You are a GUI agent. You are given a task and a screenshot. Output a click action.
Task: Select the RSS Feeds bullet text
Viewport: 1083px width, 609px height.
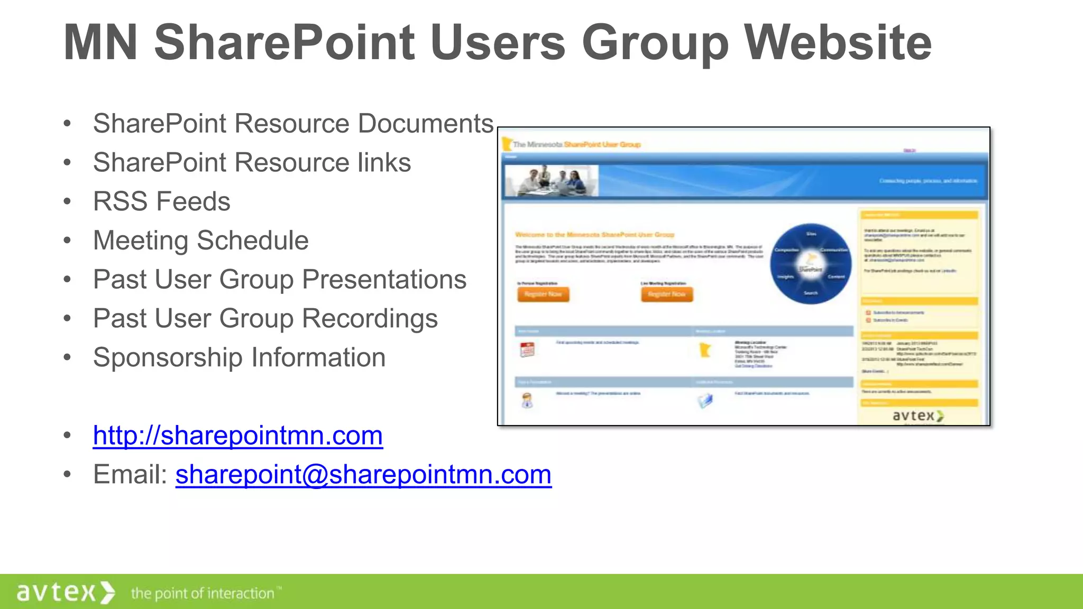(x=161, y=201)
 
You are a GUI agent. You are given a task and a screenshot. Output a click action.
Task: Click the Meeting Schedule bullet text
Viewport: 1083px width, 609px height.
(x=200, y=241)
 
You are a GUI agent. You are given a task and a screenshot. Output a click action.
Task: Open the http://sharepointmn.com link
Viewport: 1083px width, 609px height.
(x=237, y=436)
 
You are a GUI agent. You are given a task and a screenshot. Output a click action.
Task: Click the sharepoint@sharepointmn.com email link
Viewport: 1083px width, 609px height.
(x=363, y=474)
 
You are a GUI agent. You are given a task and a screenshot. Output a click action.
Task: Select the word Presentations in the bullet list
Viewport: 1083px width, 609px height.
(x=384, y=280)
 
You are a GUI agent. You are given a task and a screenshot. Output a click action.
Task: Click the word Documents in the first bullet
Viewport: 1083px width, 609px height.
(x=425, y=124)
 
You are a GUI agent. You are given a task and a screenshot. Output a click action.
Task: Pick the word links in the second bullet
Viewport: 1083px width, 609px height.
(x=384, y=162)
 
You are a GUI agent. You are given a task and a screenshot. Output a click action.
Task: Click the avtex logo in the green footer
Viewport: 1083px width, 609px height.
(x=65, y=592)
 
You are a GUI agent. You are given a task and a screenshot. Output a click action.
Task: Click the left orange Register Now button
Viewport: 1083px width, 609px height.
(x=543, y=294)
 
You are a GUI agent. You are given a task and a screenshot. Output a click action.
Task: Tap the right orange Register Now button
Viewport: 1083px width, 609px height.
(x=667, y=294)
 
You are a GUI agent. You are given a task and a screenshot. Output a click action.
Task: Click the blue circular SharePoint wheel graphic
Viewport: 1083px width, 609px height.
(x=810, y=264)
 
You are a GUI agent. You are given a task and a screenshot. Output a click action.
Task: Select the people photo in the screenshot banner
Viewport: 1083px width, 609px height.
(x=552, y=181)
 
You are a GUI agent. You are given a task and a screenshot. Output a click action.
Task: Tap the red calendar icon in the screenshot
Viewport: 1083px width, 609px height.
(x=527, y=350)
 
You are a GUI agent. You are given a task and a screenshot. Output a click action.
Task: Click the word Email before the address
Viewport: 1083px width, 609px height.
(x=130, y=474)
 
